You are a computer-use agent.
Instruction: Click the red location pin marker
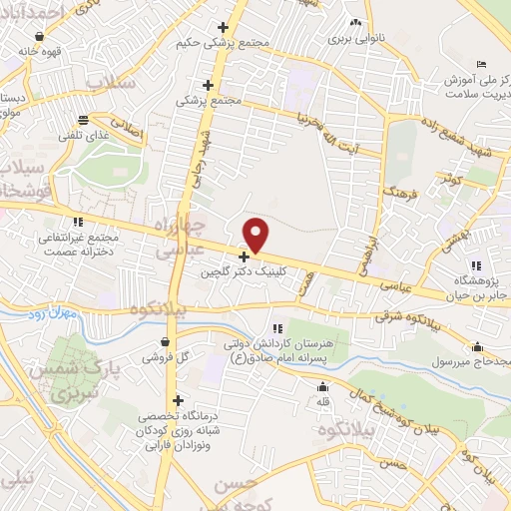tap(256, 235)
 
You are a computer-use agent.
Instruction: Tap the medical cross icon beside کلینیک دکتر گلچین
tap(244, 256)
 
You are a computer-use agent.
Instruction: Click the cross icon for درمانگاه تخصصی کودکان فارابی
tap(177, 400)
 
